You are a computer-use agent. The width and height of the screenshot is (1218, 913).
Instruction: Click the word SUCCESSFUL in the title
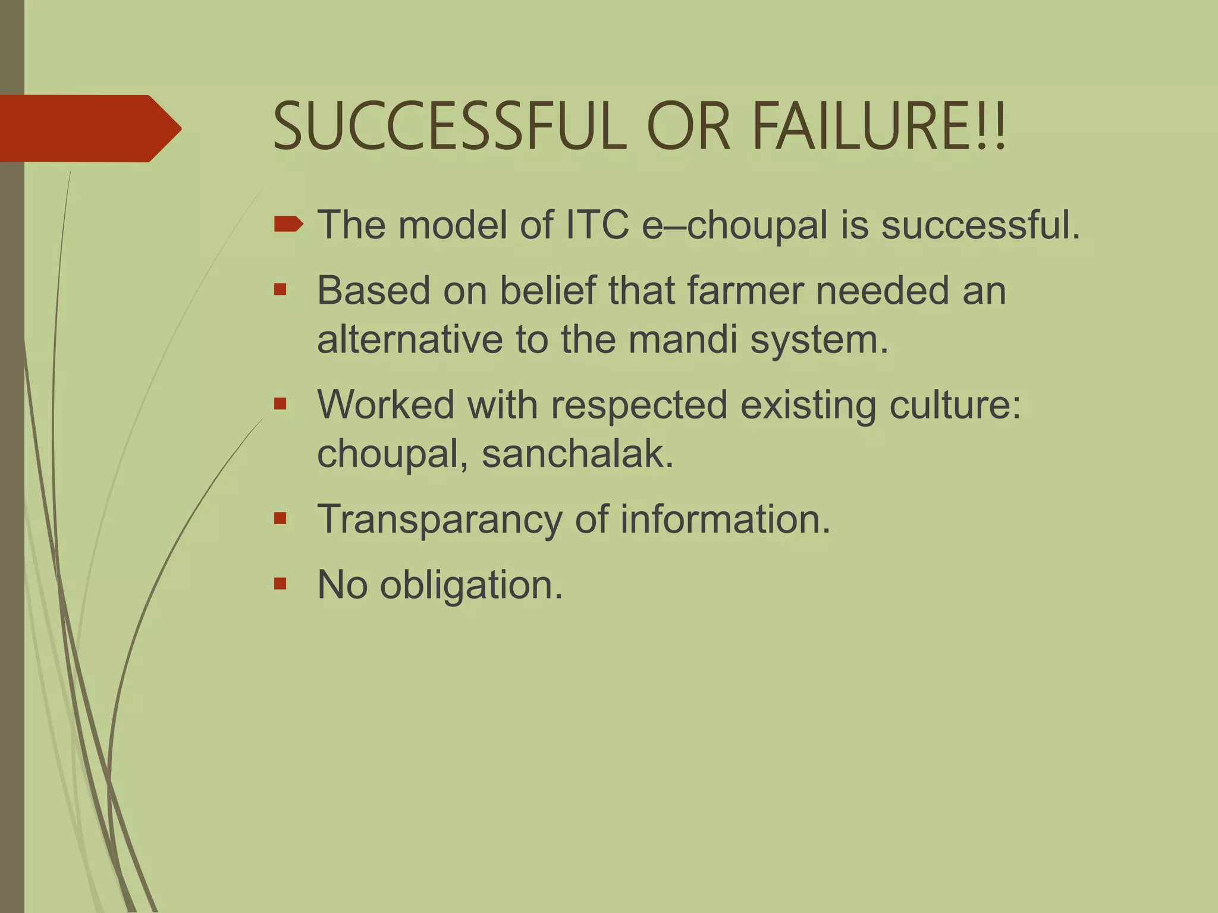pyautogui.click(x=450, y=127)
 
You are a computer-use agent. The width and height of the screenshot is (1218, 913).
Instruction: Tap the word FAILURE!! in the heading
pyautogui.click(x=879, y=127)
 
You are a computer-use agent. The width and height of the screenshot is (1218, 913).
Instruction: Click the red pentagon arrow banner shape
pyautogui.click(x=89, y=128)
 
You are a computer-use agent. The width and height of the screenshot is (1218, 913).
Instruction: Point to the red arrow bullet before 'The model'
pyautogui.click(x=288, y=225)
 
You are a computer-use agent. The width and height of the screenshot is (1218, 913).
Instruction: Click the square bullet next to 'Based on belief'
pyautogui.click(x=281, y=290)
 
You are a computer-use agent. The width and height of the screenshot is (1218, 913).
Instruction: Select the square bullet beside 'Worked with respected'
pyautogui.click(x=281, y=404)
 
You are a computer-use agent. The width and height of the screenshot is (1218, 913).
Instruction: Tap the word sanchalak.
pyautogui.click(x=577, y=454)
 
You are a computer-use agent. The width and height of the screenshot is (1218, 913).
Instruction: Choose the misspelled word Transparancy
pyautogui.click(x=440, y=520)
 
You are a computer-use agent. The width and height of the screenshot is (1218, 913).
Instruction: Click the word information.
pyautogui.click(x=725, y=519)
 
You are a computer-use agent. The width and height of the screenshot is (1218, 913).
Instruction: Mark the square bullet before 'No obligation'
pyautogui.click(x=281, y=584)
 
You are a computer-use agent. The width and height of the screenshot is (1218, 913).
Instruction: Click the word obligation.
pyautogui.click(x=471, y=585)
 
